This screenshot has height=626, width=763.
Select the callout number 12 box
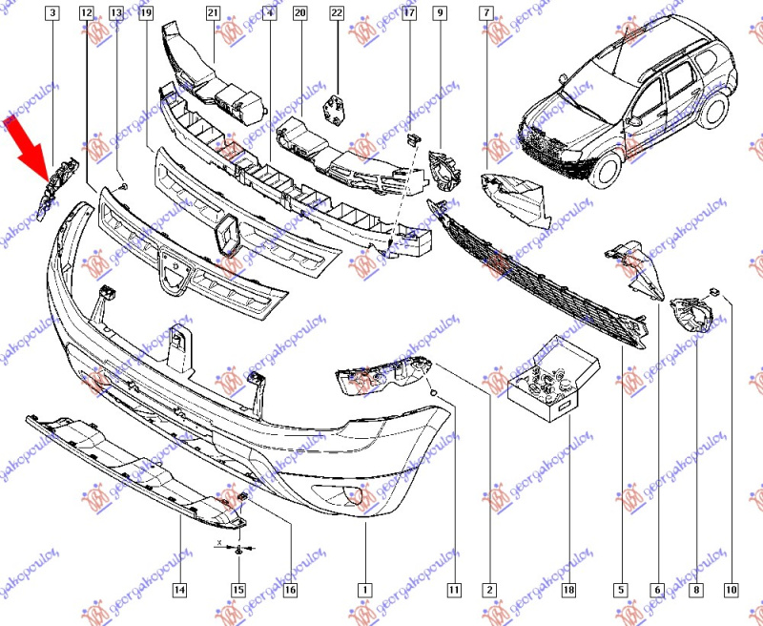coord(87,13)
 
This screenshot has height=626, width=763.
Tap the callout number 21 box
coord(213,13)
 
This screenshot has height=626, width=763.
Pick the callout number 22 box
coord(337,13)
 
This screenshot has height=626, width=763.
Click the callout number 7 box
coord(487,13)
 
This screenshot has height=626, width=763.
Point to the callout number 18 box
coord(568,590)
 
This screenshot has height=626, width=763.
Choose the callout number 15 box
coord(238,590)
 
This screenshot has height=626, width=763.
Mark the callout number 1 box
coord(363,590)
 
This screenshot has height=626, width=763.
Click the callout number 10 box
coord(732,590)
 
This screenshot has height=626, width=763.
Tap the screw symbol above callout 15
coord(238,550)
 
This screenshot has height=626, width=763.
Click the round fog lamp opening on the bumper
coord(354,495)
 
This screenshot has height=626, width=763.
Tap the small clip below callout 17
coord(412,141)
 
